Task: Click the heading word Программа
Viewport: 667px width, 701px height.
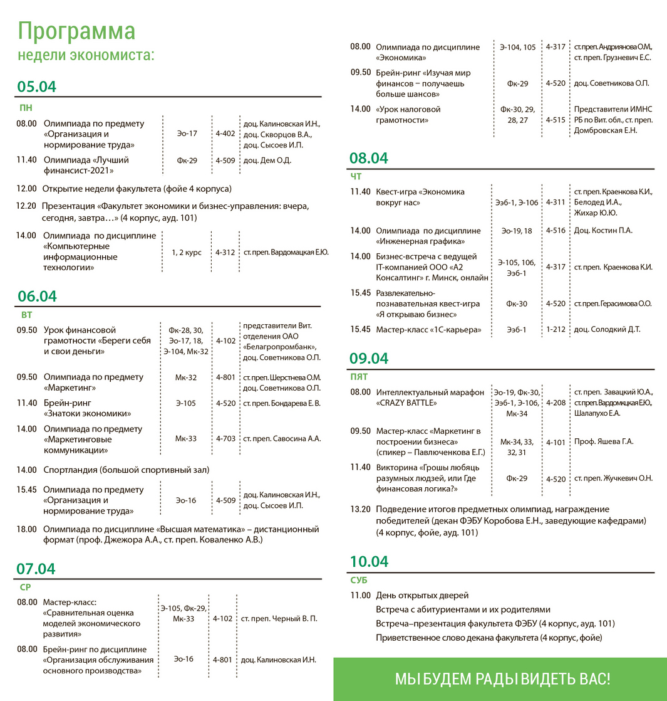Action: click(76, 31)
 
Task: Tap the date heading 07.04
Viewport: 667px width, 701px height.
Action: click(36, 569)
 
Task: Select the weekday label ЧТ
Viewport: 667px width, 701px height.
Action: click(357, 176)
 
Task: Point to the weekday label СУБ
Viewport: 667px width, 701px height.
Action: click(359, 580)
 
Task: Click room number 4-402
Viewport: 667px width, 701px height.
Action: click(225, 134)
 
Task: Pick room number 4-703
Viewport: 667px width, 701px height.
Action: click(225, 439)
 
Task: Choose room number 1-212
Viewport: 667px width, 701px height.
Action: click(556, 329)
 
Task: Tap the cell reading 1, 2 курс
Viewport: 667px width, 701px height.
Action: click(187, 253)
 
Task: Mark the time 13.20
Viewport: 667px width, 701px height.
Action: click(361, 509)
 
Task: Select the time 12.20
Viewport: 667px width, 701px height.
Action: click(26, 206)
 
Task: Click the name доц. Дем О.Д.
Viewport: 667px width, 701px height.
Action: click(267, 161)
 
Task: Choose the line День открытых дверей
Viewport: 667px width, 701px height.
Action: click(422, 595)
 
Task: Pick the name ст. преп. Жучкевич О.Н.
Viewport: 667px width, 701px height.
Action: click(613, 478)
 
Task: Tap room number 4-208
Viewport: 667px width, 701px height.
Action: click(556, 403)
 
